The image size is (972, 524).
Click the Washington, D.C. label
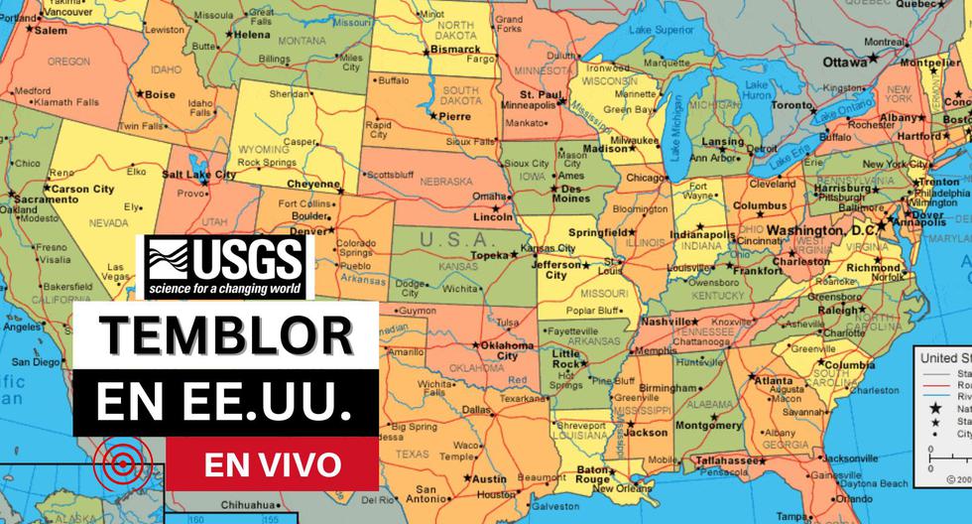pos(814,230)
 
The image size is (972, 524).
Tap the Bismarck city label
pos(457,48)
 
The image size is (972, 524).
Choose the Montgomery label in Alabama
pos(709,424)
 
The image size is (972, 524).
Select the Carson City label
pos(82,189)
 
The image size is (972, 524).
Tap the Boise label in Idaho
pos(160,94)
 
